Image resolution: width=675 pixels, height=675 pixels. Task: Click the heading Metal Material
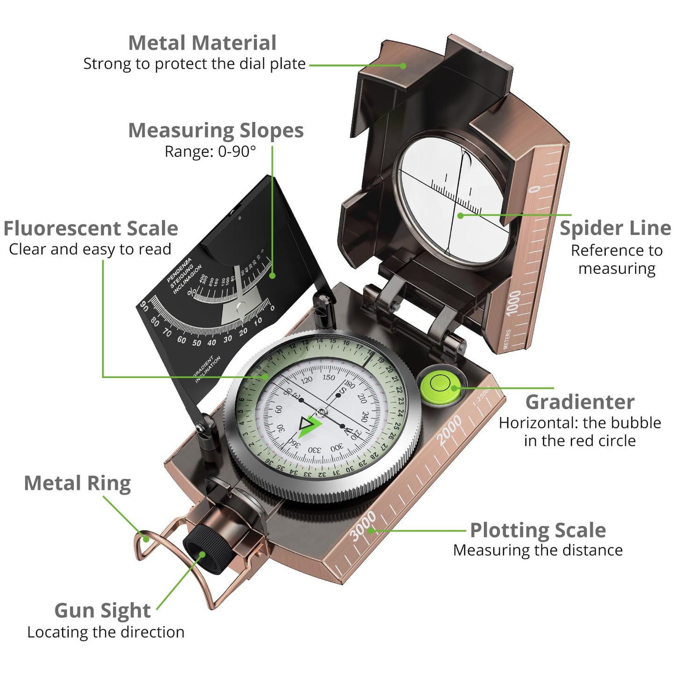(x=202, y=43)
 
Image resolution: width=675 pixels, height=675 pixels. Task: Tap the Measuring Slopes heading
(x=216, y=130)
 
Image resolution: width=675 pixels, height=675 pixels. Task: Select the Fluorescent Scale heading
(x=91, y=229)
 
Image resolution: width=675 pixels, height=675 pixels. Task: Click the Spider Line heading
(x=615, y=228)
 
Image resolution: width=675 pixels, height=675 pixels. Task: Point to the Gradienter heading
(x=580, y=402)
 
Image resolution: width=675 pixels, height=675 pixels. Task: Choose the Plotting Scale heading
(x=538, y=530)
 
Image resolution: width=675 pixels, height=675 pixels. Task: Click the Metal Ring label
(x=77, y=483)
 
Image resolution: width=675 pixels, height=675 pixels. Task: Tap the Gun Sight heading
(x=102, y=611)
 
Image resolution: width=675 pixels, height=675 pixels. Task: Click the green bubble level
(x=440, y=385)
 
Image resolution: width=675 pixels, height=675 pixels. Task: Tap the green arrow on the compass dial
(x=309, y=426)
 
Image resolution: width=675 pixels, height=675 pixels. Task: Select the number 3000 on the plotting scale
(x=363, y=526)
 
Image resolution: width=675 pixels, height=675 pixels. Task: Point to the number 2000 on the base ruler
(x=449, y=430)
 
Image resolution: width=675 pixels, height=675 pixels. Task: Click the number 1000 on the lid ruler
(x=514, y=303)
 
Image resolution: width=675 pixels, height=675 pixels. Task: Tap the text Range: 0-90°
(x=210, y=152)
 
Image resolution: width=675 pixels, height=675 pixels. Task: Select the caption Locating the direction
(x=106, y=632)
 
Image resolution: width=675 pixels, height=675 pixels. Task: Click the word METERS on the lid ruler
(x=508, y=339)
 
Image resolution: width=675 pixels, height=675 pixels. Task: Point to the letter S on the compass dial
(x=342, y=391)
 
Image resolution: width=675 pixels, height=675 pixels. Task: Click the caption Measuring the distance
(x=538, y=550)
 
